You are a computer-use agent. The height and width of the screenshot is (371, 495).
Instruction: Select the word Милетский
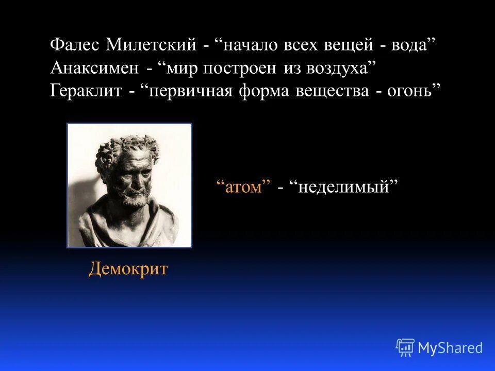[x=151, y=45]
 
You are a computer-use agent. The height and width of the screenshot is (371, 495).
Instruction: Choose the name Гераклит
[x=86, y=91]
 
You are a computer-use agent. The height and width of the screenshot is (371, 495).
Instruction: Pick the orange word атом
[x=243, y=187]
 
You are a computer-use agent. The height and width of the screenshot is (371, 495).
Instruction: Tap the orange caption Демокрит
[x=128, y=269]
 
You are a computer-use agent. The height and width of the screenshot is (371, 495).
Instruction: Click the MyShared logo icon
[x=405, y=348]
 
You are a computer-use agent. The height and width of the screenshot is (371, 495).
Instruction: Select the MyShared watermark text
[x=450, y=348]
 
